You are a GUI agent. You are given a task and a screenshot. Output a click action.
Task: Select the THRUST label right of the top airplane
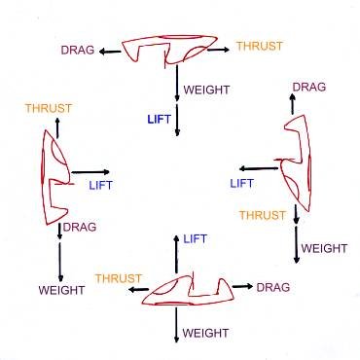click(261, 45)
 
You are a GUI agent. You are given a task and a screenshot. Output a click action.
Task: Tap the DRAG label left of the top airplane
click(78, 48)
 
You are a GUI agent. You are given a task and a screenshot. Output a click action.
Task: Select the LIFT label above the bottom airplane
click(196, 238)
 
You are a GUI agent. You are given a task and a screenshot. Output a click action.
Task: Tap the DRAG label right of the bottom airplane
click(272, 287)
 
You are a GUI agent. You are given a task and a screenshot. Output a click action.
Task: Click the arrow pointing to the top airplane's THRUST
click(222, 47)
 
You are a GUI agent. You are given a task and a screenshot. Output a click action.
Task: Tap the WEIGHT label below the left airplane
click(61, 290)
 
